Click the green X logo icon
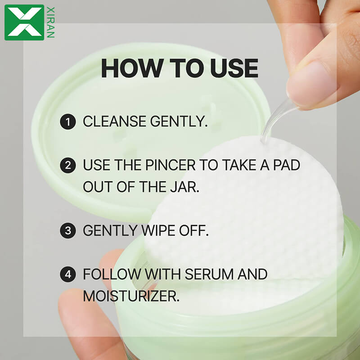coord(24,22)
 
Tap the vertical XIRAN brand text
coord(50,22)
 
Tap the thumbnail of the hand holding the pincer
coord(310,83)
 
